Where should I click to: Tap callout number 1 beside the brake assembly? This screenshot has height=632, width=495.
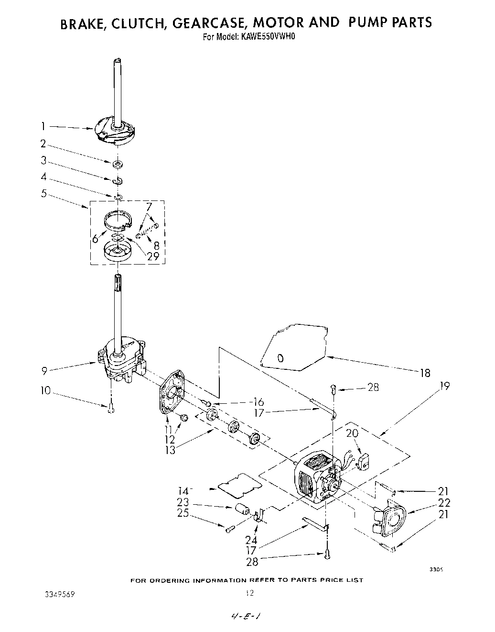coord(43,127)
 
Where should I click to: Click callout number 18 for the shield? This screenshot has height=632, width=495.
coord(425,373)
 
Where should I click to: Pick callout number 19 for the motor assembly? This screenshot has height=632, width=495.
coord(444,386)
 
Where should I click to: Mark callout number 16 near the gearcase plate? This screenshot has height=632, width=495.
coord(258,402)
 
